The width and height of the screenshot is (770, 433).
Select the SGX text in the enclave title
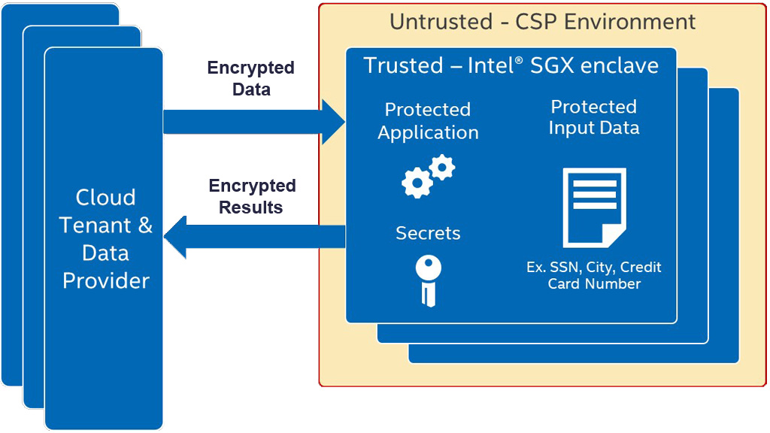(550, 65)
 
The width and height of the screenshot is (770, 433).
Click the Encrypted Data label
(250, 78)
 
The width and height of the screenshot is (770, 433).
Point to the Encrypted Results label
(251, 196)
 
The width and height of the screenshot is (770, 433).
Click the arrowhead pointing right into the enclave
(332, 120)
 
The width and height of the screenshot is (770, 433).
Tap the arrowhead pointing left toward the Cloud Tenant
(177, 236)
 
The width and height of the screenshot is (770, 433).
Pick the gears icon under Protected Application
(428, 176)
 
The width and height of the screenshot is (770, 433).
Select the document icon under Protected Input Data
(594, 207)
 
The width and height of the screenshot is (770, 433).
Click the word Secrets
(428, 234)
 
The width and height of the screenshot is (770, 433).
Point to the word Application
(428, 133)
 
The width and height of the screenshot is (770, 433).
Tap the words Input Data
(594, 129)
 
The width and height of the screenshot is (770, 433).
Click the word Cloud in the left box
(106, 198)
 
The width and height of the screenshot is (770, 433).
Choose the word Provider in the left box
(106, 281)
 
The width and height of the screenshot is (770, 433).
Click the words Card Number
(594, 284)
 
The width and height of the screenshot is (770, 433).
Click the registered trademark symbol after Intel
(518, 59)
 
